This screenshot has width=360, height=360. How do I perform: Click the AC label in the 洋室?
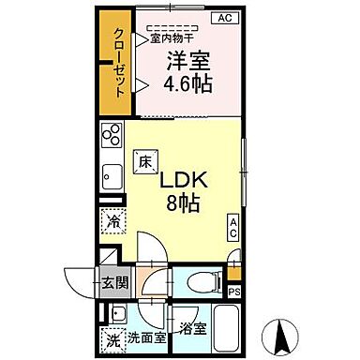pyautogui.click(x=224, y=18)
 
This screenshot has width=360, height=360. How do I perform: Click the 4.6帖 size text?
pyautogui.click(x=188, y=82)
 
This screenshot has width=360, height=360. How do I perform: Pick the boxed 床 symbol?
pyautogui.click(x=145, y=161)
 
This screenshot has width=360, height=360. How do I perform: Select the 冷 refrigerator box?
pyautogui.click(x=112, y=222)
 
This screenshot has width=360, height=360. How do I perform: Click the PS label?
pyautogui.click(x=233, y=291)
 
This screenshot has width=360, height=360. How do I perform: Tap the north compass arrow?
pyautogui.click(x=282, y=332)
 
